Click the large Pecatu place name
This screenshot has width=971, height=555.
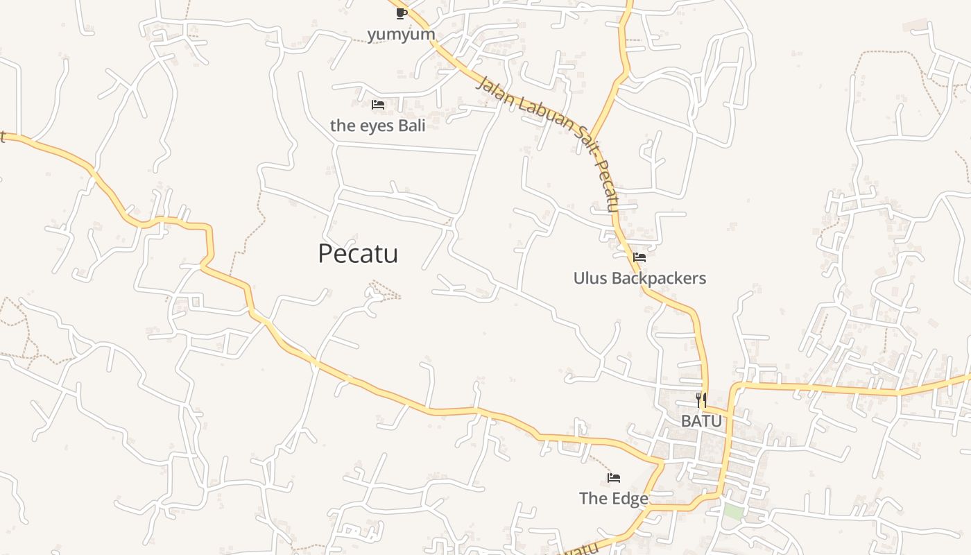pos(358,254)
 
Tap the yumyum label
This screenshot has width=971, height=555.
pos(401,34)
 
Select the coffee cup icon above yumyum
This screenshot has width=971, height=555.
pos(401,13)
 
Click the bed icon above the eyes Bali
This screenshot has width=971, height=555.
pos(378,105)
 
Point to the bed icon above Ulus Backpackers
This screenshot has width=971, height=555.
pos(639,257)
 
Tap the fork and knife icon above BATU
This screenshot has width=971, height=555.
pos(701,400)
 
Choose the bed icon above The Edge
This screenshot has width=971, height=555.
pos(614,478)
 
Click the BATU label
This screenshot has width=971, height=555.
pos(701,421)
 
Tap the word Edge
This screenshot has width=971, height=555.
pos(631,499)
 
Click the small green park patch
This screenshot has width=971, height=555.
pos(732,513)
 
